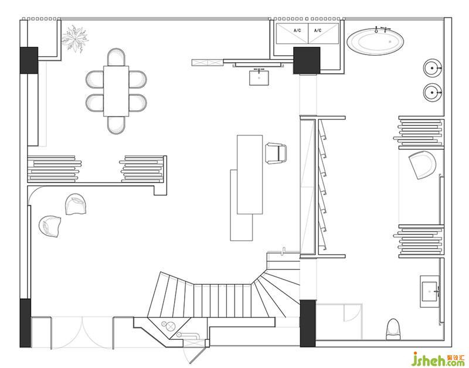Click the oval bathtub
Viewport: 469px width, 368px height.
(375, 42)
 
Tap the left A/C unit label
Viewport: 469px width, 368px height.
(297, 30)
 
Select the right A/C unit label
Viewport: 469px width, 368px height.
(318, 30)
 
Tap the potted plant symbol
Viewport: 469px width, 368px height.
(76, 38)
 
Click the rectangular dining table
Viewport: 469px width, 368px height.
(116, 91)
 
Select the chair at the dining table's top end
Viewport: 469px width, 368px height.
(116, 57)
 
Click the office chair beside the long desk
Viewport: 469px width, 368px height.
(276, 152)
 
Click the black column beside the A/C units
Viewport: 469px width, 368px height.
(307, 60)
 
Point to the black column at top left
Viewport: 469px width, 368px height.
(28, 60)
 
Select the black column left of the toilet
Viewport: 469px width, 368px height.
(308, 322)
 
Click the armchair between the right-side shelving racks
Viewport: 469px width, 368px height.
(422, 165)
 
